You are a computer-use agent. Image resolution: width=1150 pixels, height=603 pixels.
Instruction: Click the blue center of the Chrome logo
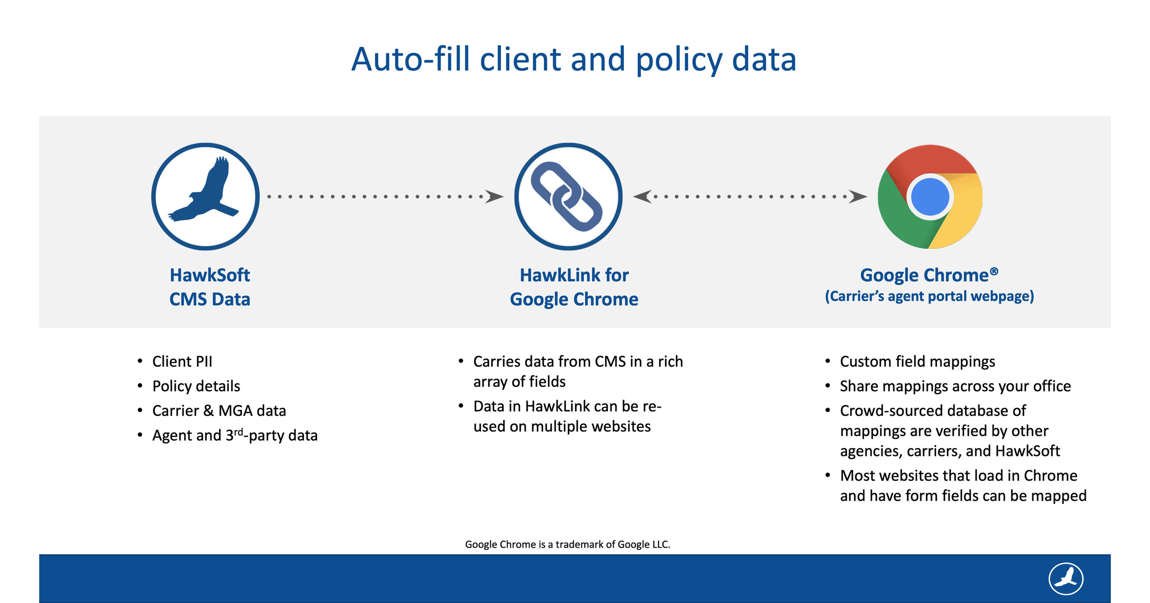point(930,197)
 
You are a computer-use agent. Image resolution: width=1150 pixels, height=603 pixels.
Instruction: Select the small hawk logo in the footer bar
point(1066,578)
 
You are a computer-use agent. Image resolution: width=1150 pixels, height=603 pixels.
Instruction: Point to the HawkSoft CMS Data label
point(209,287)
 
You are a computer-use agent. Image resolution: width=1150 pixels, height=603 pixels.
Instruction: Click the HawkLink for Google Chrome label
point(574,287)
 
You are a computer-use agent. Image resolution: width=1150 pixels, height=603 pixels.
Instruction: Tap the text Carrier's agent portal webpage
point(929,296)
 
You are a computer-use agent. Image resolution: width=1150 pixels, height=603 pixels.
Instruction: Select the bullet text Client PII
point(182,361)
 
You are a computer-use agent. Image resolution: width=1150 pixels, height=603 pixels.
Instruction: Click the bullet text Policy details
point(196,386)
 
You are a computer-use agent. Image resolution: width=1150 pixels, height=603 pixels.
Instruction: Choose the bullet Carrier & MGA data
point(219,411)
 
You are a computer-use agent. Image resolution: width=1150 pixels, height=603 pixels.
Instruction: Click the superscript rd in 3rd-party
point(238,432)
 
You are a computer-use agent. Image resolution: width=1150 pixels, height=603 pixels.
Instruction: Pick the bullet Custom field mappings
point(917,361)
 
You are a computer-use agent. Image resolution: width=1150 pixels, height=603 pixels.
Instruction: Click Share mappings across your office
point(955,386)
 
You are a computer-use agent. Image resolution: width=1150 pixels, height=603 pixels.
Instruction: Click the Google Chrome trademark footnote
point(568,544)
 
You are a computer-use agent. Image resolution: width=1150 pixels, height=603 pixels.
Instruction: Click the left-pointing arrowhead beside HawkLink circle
point(642,197)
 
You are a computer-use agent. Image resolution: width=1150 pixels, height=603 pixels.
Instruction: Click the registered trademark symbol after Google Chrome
point(994,271)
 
